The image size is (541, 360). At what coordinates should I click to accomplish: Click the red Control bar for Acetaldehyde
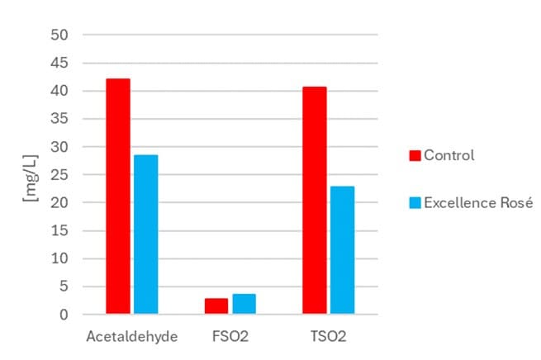pyautogui.click(x=118, y=197)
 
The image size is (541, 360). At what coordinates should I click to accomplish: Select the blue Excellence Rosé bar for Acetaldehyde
pyautogui.click(x=145, y=234)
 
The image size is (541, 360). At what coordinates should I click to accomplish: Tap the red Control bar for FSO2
pyautogui.click(x=216, y=306)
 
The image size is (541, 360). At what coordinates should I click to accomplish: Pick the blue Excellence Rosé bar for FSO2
pyautogui.click(x=244, y=304)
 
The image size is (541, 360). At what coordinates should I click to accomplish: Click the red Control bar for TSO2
pyautogui.click(x=315, y=201)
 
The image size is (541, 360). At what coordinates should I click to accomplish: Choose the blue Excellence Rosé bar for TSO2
pyautogui.click(x=342, y=250)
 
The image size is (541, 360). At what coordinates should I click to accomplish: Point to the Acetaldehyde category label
pyautogui.click(x=131, y=337)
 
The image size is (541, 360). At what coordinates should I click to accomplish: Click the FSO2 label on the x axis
pyautogui.click(x=230, y=337)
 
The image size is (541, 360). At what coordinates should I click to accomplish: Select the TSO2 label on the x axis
pyautogui.click(x=328, y=337)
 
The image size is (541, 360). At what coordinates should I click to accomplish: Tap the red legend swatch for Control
pyautogui.click(x=415, y=155)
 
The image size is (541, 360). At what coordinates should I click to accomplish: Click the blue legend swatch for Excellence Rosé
pyautogui.click(x=415, y=202)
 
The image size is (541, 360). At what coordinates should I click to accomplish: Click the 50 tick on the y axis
pyautogui.click(x=64, y=35)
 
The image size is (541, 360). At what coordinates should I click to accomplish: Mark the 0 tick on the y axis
pyautogui.click(x=67, y=315)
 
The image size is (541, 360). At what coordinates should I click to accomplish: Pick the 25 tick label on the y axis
pyautogui.click(x=64, y=175)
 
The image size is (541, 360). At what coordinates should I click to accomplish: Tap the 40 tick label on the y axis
pyautogui.click(x=64, y=91)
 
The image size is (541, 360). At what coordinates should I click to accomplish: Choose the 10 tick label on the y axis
pyautogui.click(x=64, y=258)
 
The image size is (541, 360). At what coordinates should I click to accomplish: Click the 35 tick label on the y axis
pyautogui.click(x=64, y=119)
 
